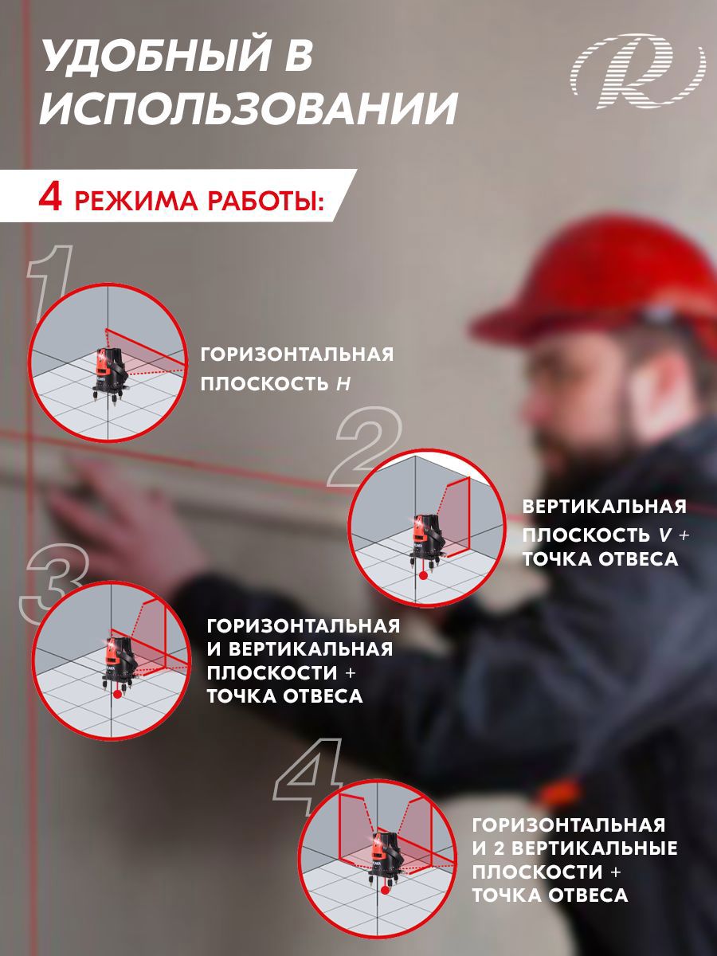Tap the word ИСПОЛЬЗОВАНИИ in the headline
248,108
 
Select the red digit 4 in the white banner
50,198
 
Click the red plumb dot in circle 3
117,695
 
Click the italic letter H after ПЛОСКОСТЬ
343,384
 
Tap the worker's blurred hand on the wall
119,510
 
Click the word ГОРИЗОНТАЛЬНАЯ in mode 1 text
296,355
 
